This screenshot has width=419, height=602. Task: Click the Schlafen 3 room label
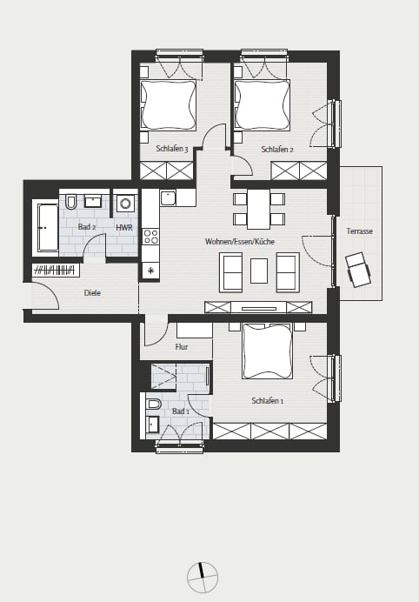pos(172,149)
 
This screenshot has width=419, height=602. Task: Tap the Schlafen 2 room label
pos(277,150)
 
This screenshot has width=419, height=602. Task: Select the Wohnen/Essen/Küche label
pos(240,242)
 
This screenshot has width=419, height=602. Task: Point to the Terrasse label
pos(360,231)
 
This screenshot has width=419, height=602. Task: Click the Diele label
pos(92,293)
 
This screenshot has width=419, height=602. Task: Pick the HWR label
pos(124,228)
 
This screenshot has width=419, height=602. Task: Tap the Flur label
pos(182,347)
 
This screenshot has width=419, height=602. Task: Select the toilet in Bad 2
pos(71,202)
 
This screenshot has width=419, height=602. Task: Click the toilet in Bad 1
pos(154,404)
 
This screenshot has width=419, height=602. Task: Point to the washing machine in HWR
pos(125,203)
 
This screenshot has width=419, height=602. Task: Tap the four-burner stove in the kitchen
pos(150,237)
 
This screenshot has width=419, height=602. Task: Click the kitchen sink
pos(168,198)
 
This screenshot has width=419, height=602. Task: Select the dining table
pos(258,210)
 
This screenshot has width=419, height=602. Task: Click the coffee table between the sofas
pos(259,271)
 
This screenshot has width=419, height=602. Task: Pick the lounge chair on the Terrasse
pos(358,270)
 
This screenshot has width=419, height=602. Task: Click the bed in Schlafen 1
pos(267,351)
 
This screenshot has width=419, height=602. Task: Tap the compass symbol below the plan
pos(203,578)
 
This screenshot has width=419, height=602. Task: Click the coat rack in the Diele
pos(56,271)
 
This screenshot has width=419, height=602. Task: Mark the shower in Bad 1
pos(164,377)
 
